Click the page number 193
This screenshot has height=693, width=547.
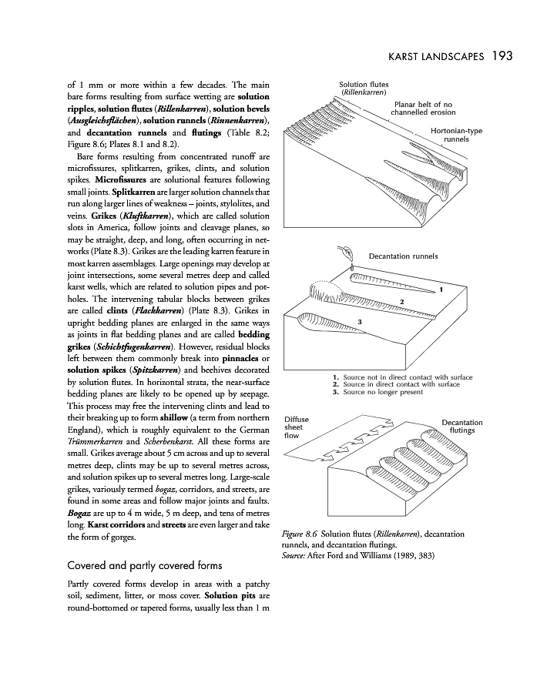[502, 56]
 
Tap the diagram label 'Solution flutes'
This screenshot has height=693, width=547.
[364, 84]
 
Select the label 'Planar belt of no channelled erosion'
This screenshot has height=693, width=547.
[423, 108]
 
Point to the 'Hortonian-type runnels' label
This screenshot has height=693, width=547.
[456, 135]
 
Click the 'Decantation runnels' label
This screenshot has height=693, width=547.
[403, 256]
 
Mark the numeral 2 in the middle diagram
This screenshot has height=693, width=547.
[402, 300]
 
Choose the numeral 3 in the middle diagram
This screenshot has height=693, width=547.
[360, 320]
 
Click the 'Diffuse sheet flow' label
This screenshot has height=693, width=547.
[297, 427]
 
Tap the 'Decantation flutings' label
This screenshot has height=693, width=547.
[462, 426]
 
